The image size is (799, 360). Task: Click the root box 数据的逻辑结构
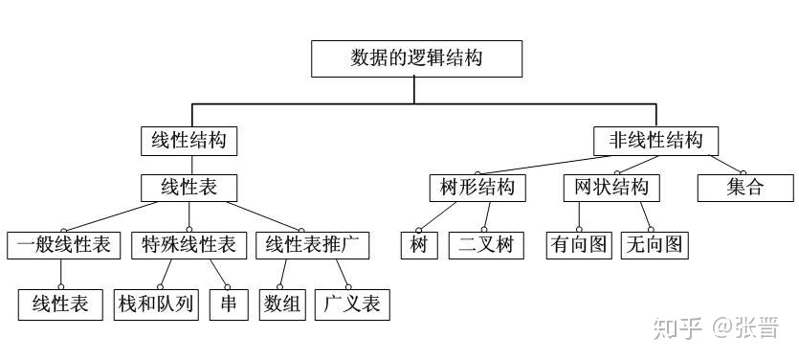pos(416,58)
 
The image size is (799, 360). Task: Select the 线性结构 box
pos(189,141)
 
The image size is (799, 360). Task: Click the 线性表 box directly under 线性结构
pos(189,187)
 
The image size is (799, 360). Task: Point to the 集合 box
pos(744,187)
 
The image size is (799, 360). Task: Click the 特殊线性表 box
pos(189,245)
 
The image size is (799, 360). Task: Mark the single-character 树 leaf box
pos(418,245)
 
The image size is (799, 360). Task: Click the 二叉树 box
pos(485,245)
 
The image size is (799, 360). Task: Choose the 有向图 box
pos(578,245)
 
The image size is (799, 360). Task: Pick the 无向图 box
pos(654,245)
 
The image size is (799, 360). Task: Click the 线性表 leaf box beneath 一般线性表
pos(60,304)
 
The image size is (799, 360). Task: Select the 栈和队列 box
pos(156,304)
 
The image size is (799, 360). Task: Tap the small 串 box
pos(229,304)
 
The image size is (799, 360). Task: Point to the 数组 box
pos(282,304)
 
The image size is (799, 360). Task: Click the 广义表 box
pos(352,304)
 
